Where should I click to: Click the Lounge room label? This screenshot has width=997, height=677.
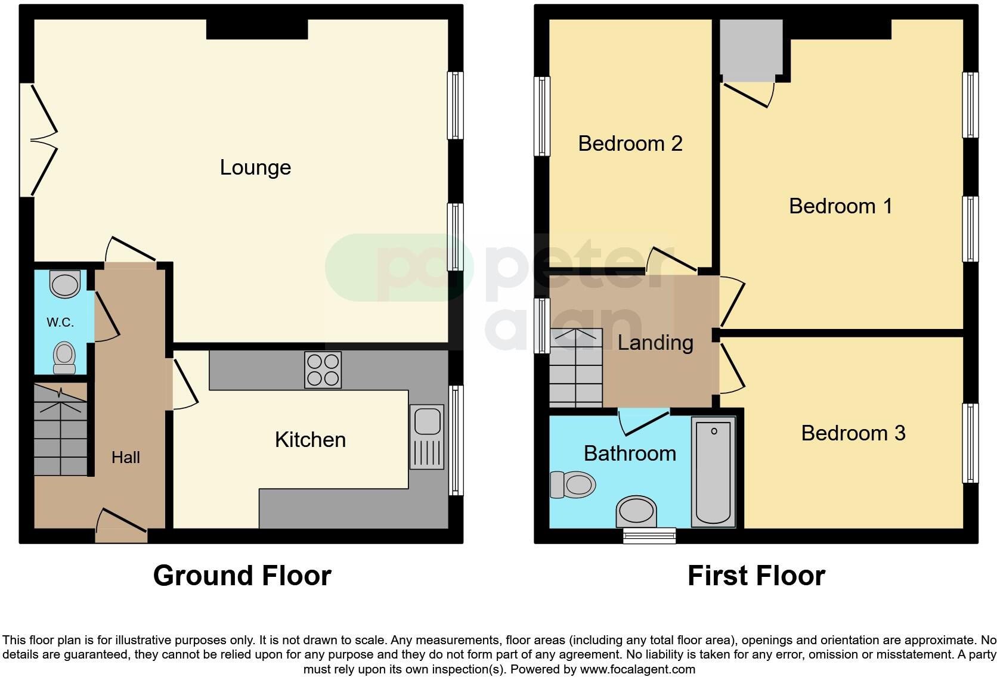point(255,167)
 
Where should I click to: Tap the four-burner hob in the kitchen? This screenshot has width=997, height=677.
point(323,370)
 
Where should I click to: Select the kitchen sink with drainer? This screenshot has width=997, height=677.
point(428,437)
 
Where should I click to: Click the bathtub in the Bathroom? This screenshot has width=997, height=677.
point(713,472)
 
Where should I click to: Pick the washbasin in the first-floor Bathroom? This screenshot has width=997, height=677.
point(636,511)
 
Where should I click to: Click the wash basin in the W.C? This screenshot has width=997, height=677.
point(65,284)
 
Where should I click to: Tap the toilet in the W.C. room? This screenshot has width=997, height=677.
point(64,358)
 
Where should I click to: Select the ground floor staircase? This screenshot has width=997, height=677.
point(60,430)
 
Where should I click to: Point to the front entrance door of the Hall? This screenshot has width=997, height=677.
point(122,527)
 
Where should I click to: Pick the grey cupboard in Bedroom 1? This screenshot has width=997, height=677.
point(751,49)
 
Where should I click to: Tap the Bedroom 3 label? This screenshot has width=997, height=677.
point(853,433)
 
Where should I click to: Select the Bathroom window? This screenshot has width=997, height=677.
point(649,535)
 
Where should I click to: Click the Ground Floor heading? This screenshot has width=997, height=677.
point(242,576)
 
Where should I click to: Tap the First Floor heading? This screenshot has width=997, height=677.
point(756,576)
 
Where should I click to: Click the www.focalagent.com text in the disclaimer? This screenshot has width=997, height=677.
point(637,669)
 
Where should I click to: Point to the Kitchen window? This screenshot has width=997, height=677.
point(456,440)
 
